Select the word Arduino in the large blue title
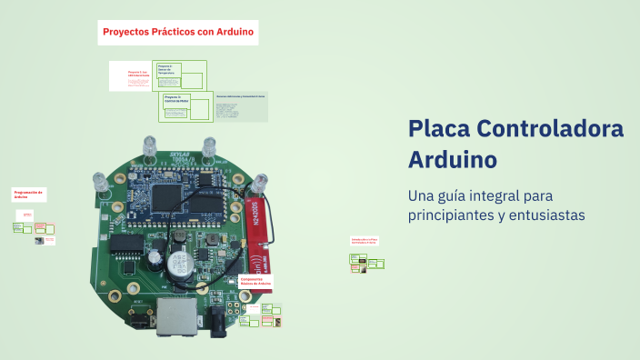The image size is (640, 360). [453, 159]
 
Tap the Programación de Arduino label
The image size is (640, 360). [28, 195]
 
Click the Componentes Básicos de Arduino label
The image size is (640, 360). [256, 282]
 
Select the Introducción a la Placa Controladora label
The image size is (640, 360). [365, 242]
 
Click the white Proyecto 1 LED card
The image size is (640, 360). [132, 76]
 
